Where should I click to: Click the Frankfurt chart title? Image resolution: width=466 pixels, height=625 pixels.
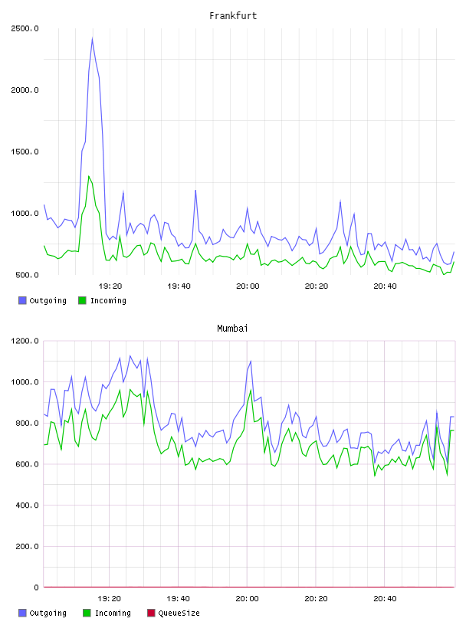(x=233, y=16)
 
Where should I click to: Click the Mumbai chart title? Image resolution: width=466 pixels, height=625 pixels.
(x=232, y=329)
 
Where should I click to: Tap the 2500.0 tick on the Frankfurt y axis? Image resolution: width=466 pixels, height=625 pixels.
(x=25, y=28)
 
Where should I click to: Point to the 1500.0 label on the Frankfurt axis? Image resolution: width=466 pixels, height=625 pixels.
(x=25, y=152)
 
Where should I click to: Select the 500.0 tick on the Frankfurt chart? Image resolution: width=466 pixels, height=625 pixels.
(x=27, y=275)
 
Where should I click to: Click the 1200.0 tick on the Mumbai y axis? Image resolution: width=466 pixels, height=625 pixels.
(x=25, y=341)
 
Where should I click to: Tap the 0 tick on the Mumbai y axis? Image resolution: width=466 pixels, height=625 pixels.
(x=36, y=587)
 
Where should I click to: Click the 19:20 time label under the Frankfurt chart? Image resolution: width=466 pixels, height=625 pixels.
(x=110, y=286)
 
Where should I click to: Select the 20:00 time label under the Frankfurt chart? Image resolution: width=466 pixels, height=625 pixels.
(x=248, y=286)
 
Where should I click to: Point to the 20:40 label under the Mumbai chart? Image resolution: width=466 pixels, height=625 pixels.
(x=385, y=599)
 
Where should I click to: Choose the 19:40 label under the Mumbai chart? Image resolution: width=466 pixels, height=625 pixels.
(x=179, y=599)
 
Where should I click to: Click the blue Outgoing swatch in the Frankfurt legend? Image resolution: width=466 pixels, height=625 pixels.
(x=22, y=300)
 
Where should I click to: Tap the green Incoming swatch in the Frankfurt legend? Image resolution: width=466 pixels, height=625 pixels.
(x=82, y=300)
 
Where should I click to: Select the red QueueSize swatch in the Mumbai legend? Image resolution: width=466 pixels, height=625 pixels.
(x=151, y=613)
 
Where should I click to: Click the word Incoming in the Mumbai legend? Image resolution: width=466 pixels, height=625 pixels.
(x=113, y=614)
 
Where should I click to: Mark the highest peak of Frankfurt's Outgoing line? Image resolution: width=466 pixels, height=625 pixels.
(x=92, y=38)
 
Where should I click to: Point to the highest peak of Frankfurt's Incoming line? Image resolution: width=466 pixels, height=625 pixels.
(x=89, y=176)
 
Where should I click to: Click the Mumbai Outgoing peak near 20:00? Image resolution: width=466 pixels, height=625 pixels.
(x=251, y=361)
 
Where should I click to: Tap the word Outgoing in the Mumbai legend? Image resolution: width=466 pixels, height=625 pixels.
(x=48, y=614)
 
